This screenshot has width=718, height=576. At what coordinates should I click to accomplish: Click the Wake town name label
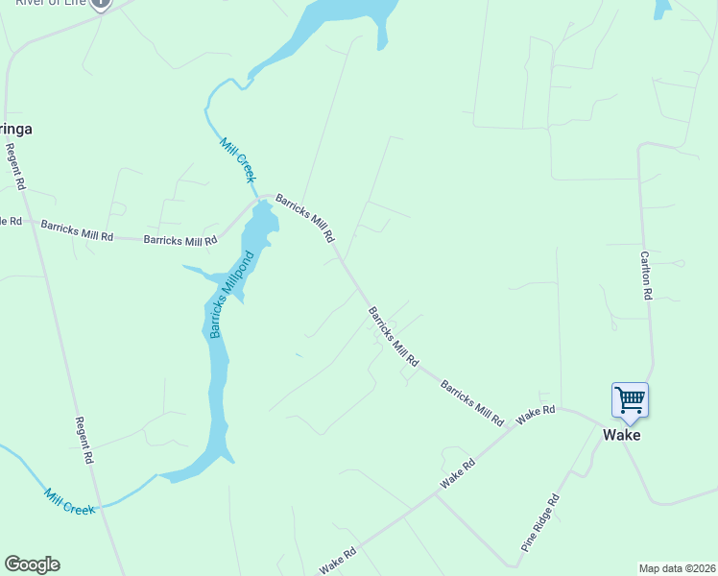point(621,435)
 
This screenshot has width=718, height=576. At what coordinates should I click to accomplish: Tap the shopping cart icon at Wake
point(630,398)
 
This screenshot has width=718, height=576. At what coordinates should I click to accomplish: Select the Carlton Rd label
point(646,276)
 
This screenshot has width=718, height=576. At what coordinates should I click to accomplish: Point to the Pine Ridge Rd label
point(540,522)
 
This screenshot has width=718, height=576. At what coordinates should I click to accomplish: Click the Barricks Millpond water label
point(231,295)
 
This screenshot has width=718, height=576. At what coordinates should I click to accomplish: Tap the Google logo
point(32,564)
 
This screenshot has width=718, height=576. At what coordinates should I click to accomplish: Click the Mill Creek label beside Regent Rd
point(69,501)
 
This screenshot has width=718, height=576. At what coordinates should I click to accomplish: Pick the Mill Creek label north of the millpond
point(237,159)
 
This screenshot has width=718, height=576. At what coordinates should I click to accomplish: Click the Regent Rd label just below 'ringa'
point(14,166)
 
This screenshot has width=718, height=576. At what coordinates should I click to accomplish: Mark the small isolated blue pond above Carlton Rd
point(662,9)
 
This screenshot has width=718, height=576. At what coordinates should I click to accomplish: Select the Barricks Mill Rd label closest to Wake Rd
point(471,402)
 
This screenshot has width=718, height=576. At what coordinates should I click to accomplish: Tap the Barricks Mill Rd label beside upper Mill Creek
point(305,217)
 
